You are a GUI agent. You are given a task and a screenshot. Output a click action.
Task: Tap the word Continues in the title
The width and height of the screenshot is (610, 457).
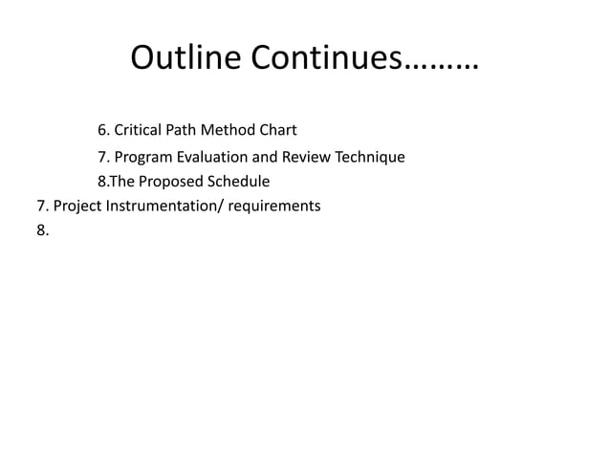[x=326, y=61]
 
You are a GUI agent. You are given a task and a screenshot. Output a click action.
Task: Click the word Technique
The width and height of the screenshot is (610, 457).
[x=368, y=157]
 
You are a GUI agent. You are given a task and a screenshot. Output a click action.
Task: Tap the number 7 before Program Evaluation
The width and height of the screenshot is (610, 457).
[x=102, y=157]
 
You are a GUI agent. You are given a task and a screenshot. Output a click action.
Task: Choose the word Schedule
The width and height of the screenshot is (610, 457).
[x=238, y=182]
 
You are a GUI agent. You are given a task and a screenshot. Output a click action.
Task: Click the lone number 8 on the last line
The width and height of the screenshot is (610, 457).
[x=41, y=230]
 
